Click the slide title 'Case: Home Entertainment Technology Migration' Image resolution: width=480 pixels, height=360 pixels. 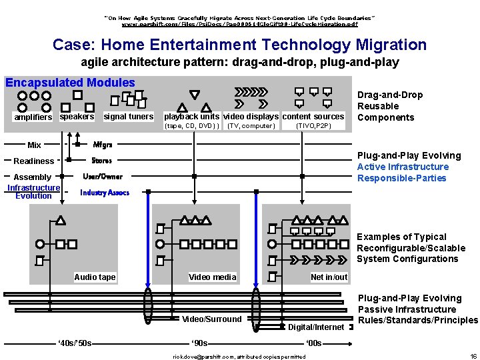[239, 45]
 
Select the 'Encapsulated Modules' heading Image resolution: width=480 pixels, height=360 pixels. [70, 83]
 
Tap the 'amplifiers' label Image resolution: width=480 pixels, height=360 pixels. [33, 117]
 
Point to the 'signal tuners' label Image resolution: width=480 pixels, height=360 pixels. [129, 117]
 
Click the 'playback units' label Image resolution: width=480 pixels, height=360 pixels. [191, 117]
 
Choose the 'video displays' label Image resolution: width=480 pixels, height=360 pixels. [251, 117]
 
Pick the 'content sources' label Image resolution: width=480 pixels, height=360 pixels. [313, 117]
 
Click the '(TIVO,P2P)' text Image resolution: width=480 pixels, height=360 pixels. [313, 126]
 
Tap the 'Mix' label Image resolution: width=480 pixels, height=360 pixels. [35, 145]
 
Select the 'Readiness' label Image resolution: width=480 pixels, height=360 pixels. [34, 161]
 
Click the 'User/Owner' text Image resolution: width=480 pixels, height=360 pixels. [103, 177]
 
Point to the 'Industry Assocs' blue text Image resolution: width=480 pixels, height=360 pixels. [105, 193]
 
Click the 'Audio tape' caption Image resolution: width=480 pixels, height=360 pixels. [95, 277]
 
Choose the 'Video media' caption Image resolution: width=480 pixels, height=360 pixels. [213, 277]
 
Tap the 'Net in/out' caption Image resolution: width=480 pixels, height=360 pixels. [329, 277]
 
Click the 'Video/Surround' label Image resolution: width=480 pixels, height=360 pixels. [212, 319]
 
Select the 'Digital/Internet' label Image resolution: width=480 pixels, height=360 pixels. [316, 327]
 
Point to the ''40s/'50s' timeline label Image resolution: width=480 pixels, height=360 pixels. [74, 344]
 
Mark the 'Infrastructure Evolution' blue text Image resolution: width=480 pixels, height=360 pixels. [33, 192]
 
